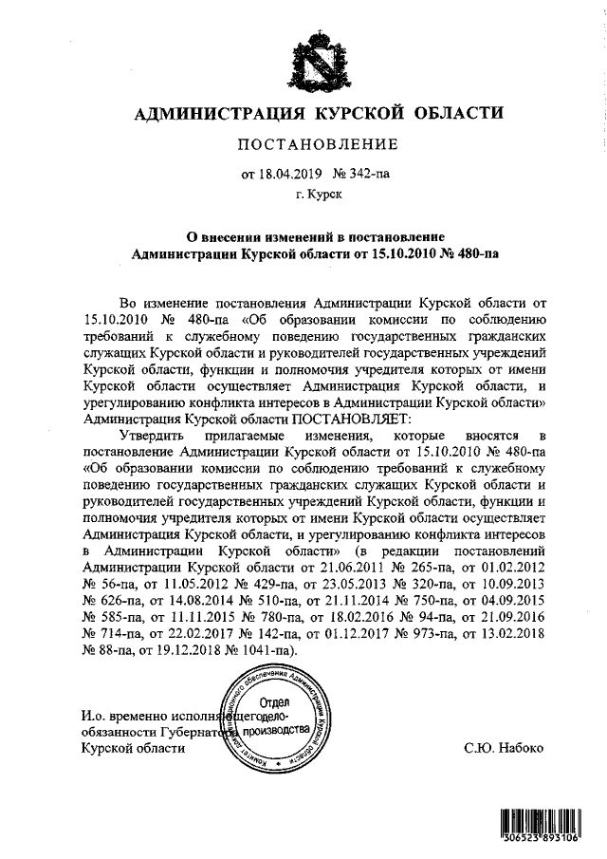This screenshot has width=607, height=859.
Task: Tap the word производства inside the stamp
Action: point(276,732)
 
